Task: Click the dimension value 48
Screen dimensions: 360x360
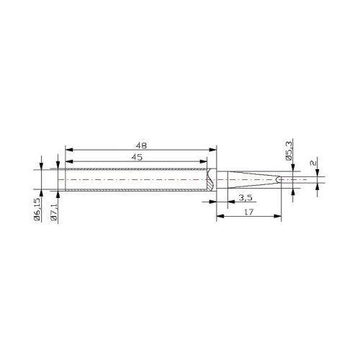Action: pos(141,145)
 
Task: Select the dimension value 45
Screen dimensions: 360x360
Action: pos(137,157)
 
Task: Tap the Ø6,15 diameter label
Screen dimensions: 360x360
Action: pos(37,209)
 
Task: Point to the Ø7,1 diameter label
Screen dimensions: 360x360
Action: pos(53,212)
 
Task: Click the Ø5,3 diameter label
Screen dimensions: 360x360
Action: pos(289,151)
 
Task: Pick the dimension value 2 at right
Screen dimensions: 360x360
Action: pos(313,163)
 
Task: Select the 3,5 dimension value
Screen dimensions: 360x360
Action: pos(246,198)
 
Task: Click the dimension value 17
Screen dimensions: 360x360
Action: pos(248,212)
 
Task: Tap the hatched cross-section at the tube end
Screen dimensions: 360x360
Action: pos(210,179)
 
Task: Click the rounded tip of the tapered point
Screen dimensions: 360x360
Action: pos(278,179)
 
